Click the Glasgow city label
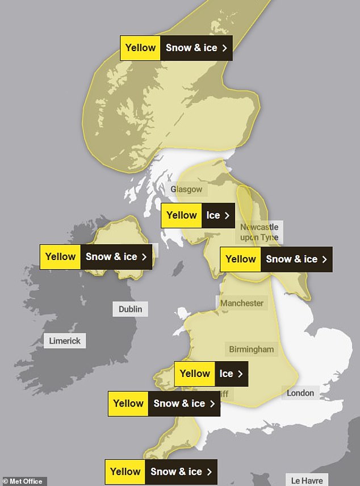click(x=186, y=189)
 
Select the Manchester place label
click(x=242, y=303)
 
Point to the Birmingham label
click(x=251, y=349)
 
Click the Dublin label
click(x=130, y=309)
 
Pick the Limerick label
click(x=65, y=341)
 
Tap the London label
click(x=300, y=392)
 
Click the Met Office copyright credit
click(x=23, y=481)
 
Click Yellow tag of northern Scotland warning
click(x=140, y=48)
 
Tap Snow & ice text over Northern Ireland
click(x=111, y=257)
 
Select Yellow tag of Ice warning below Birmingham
click(x=195, y=374)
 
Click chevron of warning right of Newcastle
click(x=324, y=259)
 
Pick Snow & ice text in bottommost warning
click(x=176, y=472)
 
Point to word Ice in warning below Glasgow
click(x=213, y=216)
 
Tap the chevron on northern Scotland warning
click(x=225, y=48)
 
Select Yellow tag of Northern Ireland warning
click(x=60, y=257)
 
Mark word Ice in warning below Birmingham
click(x=226, y=374)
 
